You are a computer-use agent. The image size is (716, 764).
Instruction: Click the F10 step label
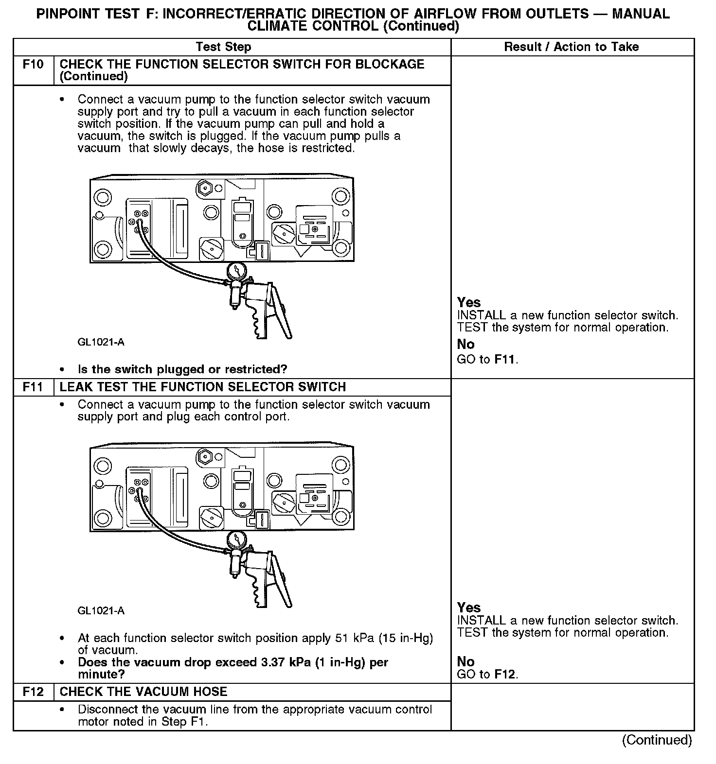coord(33,65)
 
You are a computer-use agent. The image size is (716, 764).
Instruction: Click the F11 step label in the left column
coord(33,387)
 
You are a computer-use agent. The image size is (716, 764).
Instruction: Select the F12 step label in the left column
coord(33,692)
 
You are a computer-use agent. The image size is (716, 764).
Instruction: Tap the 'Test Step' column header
coord(223,47)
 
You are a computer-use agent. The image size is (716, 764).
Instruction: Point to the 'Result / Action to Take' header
coord(572,47)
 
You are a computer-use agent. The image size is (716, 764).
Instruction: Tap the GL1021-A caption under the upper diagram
coord(101,342)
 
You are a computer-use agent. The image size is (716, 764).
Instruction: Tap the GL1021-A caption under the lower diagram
coord(101,611)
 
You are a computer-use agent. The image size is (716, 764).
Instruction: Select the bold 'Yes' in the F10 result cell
coord(469,302)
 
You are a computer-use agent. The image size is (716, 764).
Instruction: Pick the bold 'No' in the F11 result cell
coord(465,661)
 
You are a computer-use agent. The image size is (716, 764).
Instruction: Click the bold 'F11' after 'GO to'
coord(505,360)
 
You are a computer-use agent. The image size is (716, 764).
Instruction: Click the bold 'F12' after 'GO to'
coord(505,675)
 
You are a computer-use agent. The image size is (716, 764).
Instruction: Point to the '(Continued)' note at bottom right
coord(657,740)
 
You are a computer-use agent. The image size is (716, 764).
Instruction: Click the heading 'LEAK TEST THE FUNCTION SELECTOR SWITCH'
coord(202,387)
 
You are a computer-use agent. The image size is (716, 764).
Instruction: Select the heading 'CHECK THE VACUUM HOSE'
coord(143,692)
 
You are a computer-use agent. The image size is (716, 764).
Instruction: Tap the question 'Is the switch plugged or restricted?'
coord(182,369)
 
